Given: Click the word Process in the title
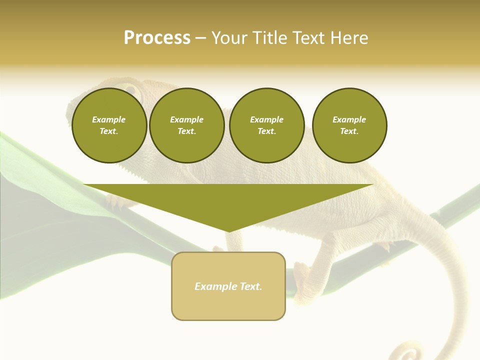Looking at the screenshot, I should (x=157, y=38).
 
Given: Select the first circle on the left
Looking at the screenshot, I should (x=109, y=125).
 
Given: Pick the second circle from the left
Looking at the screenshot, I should (x=187, y=125).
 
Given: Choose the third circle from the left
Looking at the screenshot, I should (x=266, y=125).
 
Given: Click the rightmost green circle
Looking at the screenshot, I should (x=349, y=125).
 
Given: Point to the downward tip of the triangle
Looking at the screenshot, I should (x=228, y=230).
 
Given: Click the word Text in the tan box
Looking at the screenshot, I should (x=250, y=286).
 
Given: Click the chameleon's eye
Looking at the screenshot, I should (x=131, y=90).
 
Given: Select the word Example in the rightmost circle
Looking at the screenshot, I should (x=349, y=119).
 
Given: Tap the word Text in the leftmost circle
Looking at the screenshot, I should (x=109, y=131).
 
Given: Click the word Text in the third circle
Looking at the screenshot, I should (x=266, y=131).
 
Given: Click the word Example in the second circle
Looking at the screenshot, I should (x=186, y=119).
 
